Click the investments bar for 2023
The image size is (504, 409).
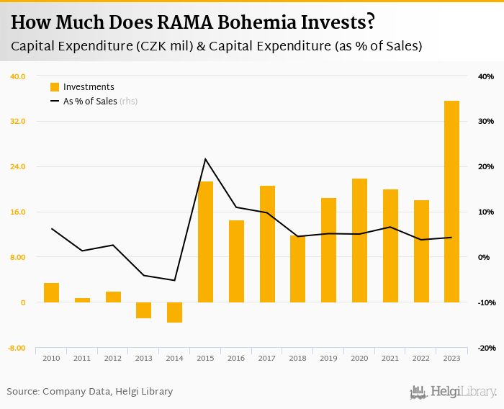pyautogui.click(x=451, y=202)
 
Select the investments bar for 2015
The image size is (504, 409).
pyautogui.click(x=205, y=242)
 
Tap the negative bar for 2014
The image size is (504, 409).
pyautogui.click(x=174, y=312)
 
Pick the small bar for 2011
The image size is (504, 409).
pyautogui.click(x=82, y=300)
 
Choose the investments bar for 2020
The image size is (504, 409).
pyautogui.click(x=359, y=241)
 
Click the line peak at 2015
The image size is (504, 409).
pyautogui.click(x=205, y=159)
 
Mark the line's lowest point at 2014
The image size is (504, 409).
pyautogui.click(x=174, y=280)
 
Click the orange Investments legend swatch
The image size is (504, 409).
pyautogui.click(x=54, y=87)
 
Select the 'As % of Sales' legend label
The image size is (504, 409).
pyautogui.click(x=90, y=102)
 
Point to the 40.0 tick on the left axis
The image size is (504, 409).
pyautogui.click(x=17, y=76)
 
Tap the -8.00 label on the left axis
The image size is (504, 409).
pyautogui.click(x=17, y=348)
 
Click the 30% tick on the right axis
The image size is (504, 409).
pyautogui.click(x=485, y=122)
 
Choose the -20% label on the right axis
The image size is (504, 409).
pyautogui.click(x=485, y=348)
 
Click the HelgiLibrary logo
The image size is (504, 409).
pyautogui.click(x=453, y=392)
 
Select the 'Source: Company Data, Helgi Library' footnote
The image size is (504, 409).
pyautogui.click(x=90, y=392)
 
